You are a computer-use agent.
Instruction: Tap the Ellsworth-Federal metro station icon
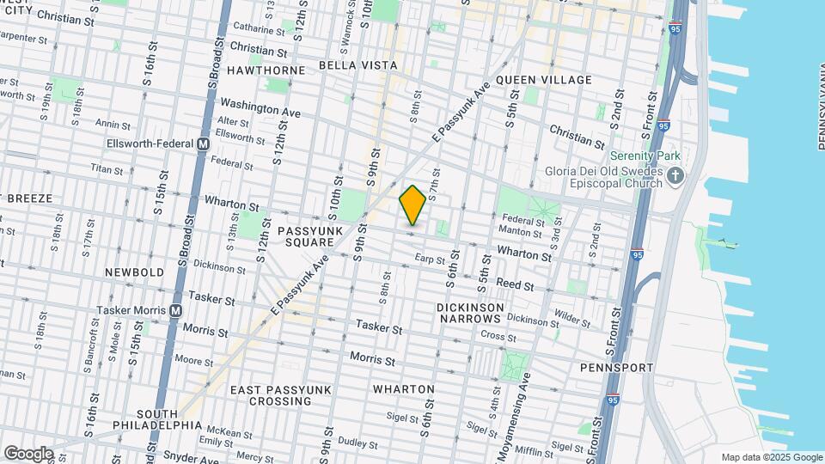(x=204, y=144)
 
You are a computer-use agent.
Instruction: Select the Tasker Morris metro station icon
(x=176, y=310)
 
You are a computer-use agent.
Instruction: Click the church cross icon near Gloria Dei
(x=675, y=177)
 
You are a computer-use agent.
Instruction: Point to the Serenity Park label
(x=645, y=156)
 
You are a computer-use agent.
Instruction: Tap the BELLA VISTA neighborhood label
(x=357, y=65)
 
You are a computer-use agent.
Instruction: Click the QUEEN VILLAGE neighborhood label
(x=543, y=80)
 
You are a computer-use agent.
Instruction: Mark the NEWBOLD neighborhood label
(x=134, y=272)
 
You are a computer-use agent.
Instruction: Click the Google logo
(x=27, y=454)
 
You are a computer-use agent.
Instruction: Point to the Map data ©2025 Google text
(x=772, y=457)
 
